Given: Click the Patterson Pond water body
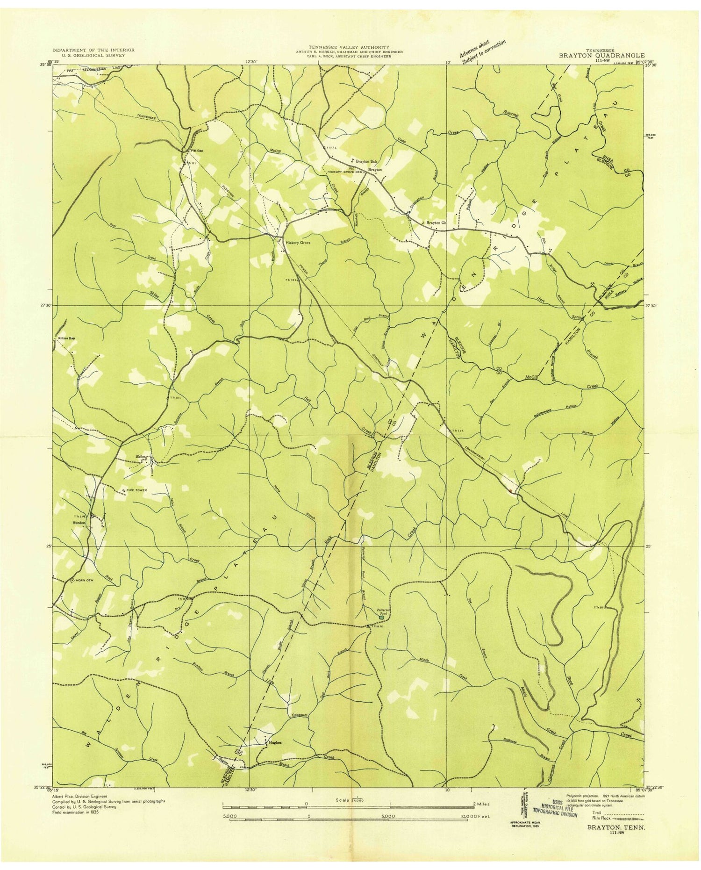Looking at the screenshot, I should pyautogui.click(x=382, y=618).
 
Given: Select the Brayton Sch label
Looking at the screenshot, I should pyautogui.click(x=366, y=161).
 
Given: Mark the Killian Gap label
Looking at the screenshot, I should pyautogui.click(x=66, y=338).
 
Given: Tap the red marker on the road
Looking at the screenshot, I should pyautogui.click(x=511, y=491).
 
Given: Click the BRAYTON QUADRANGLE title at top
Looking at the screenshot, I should pyautogui.click(x=601, y=55).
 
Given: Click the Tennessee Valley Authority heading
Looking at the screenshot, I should pyautogui.click(x=349, y=47).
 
